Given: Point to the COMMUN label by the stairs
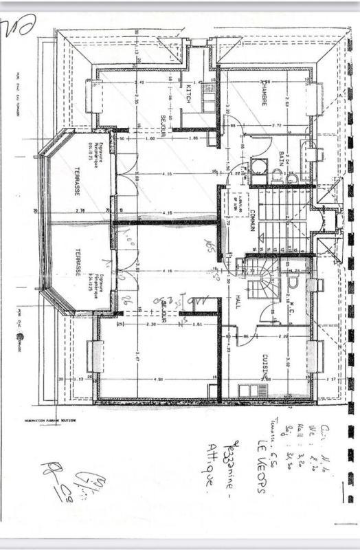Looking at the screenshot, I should click(253, 219).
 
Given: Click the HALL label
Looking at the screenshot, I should click(238, 297).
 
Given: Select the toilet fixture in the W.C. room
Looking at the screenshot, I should click(295, 280).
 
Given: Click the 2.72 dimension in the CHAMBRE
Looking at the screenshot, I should click(277, 126).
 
